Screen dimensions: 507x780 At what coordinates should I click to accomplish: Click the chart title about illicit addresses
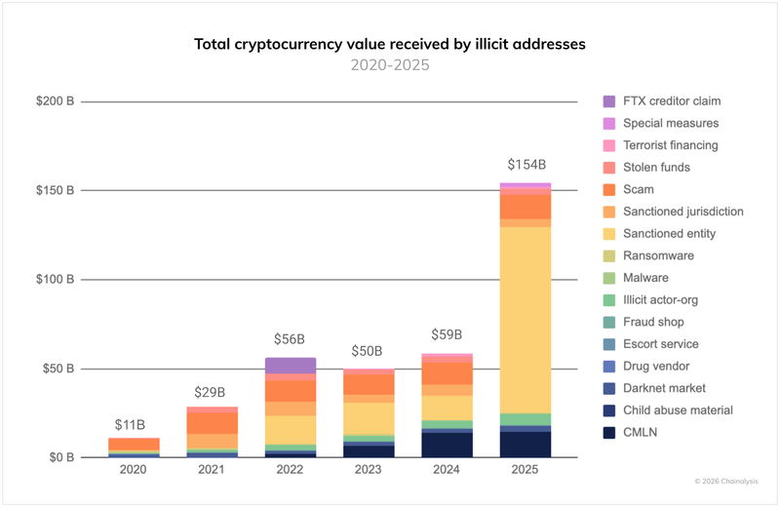390,44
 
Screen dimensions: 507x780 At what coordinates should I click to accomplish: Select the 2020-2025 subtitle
390,66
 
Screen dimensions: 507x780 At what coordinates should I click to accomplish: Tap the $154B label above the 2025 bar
526,165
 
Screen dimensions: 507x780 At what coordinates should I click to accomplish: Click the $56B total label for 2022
290,339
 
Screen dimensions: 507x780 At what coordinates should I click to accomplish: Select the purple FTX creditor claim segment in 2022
290,366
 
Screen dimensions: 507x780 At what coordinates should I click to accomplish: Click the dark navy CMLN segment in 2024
448,445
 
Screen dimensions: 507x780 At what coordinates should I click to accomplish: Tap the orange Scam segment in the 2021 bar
213,423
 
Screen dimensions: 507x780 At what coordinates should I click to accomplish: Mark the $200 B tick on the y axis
55,101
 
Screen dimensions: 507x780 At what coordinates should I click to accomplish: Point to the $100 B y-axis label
55,280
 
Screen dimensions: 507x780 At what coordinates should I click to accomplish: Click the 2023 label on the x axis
369,470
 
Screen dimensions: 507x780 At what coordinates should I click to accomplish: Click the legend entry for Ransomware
658,255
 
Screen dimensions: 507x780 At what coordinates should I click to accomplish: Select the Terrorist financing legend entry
671,145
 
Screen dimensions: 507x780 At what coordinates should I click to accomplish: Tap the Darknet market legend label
665,388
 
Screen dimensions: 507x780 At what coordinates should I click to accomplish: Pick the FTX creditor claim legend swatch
609,101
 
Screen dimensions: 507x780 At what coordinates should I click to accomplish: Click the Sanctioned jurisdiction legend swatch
609,212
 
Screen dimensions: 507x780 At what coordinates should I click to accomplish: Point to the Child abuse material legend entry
678,410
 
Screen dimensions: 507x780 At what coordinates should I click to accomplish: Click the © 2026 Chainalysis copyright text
725,481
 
